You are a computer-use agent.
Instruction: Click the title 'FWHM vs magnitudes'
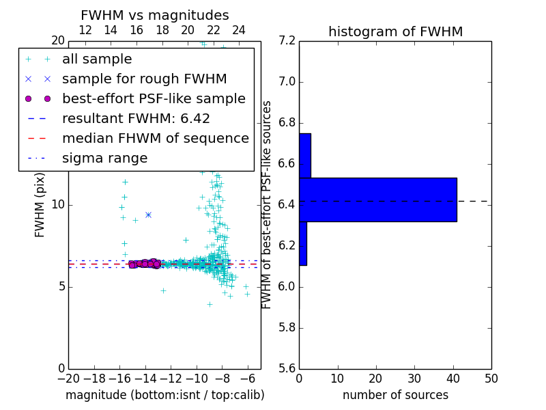click(154, 15)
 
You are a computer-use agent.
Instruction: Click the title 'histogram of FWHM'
click(395, 31)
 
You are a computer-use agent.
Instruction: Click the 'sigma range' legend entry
click(104, 158)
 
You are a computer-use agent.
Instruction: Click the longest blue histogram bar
click(377, 200)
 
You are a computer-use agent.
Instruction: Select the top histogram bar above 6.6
click(304, 155)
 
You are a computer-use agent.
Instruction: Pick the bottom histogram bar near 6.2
click(302, 243)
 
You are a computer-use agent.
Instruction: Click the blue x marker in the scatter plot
click(148, 215)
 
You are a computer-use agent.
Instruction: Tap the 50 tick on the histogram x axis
click(491, 378)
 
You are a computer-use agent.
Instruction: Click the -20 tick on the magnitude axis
click(68, 378)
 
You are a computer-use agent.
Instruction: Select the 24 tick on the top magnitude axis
click(239, 30)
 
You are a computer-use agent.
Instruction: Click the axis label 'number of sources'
click(395, 395)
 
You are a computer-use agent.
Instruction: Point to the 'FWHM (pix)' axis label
click(40, 204)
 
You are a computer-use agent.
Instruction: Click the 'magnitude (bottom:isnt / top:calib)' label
click(164, 395)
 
